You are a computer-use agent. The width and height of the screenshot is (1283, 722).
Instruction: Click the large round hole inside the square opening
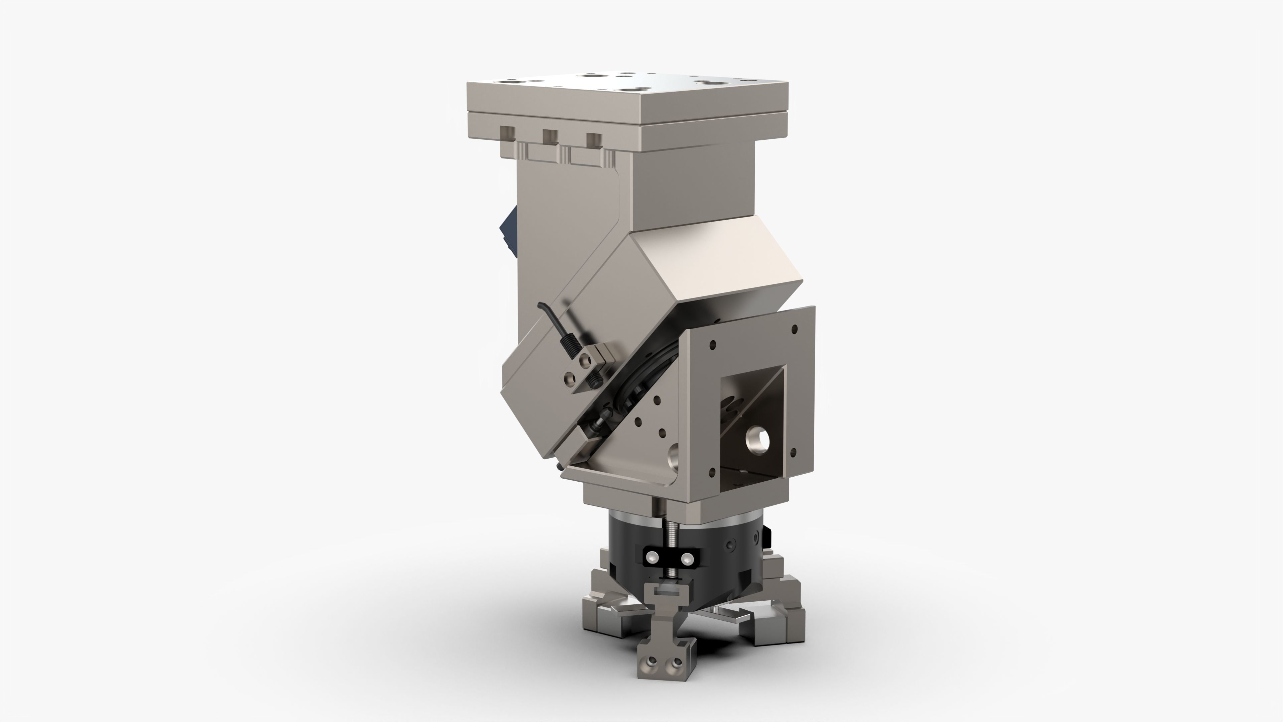pos(757,439)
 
